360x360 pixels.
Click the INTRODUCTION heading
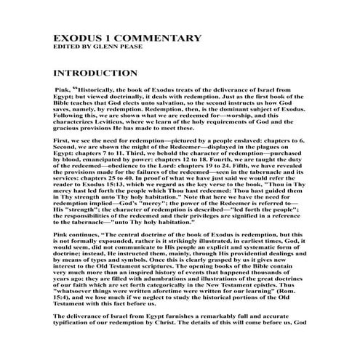(x=95, y=73)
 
